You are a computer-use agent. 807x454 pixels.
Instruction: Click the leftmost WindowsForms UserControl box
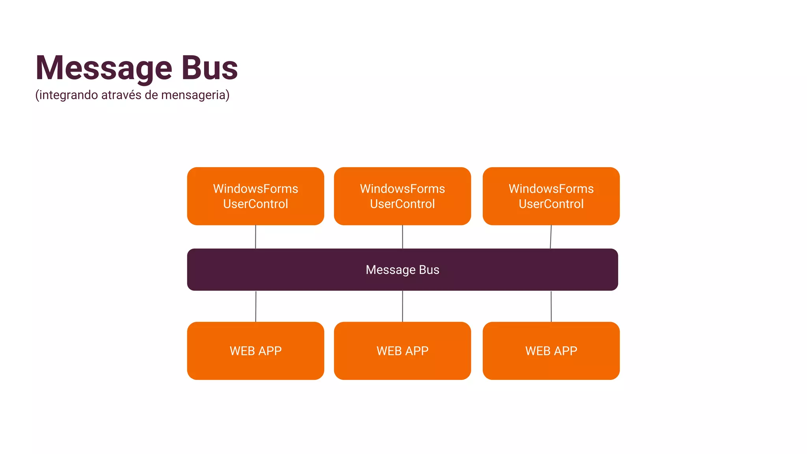click(x=255, y=196)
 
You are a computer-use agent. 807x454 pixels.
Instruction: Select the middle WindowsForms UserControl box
click(x=402, y=196)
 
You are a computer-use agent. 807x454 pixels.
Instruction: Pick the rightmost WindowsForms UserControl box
click(x=551, y=196)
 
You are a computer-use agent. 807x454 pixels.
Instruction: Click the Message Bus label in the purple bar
click(x=402, y=270)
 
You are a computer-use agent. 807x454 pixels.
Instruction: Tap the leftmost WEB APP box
click(x=255, y=351)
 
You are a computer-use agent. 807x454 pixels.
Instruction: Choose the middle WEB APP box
click(x=402, y=351)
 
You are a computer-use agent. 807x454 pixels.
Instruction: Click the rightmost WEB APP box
click(x=551, y=351)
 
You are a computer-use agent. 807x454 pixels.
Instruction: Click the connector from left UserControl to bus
click(x=255, y=237)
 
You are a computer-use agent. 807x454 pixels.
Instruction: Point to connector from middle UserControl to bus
click(x=402, y=237)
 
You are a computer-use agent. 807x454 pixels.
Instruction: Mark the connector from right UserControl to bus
click(x=550, y=237)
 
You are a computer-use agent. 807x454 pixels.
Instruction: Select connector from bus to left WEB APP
click(x=256, y=307)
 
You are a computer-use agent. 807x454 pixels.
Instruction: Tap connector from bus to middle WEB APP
click(x=402, y=307)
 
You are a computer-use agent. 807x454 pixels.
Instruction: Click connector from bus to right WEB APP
click(x=551, y=307)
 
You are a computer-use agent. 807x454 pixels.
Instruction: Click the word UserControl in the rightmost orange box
click(x=551, y=204)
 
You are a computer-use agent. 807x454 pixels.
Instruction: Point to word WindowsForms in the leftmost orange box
click(x=255, y=189)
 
